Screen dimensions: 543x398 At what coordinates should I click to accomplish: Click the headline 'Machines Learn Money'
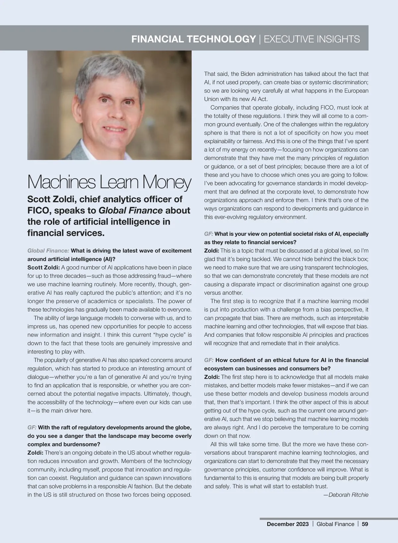coord(109,182)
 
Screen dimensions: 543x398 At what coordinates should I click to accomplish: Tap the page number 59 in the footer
coord(365,524)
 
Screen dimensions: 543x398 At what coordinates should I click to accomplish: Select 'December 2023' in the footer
coord(288,524)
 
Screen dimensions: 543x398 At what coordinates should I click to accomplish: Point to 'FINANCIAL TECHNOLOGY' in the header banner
coord(193,39)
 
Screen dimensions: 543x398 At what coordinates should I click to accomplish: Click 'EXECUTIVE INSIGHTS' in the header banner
coord(312,39)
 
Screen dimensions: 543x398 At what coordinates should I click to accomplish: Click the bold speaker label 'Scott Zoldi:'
coord(43,267)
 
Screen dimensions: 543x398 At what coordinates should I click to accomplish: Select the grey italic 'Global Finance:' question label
coord(48,251)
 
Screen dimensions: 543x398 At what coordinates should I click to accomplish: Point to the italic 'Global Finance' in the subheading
coord(131,211)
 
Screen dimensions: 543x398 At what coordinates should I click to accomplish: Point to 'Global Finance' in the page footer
coord(335,524)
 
